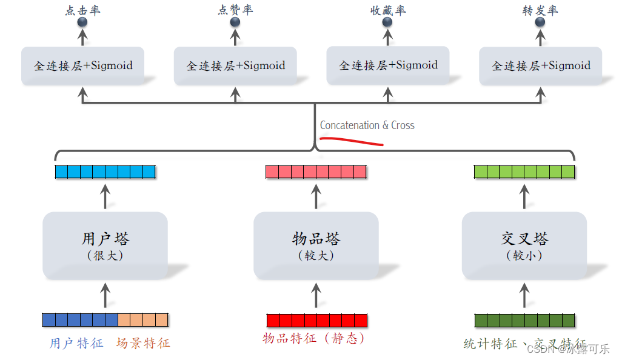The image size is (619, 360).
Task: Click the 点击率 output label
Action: point(82,10)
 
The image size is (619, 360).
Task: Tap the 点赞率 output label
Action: point(235,10)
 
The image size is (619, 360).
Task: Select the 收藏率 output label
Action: point(388,10)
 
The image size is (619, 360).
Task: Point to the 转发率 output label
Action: point(540,10)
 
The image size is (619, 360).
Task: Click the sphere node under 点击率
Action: point(82,22)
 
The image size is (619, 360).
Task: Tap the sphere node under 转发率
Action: point(540,22)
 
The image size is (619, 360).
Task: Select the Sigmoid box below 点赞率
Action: point(235,65)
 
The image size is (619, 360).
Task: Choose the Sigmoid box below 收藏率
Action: point(388,65)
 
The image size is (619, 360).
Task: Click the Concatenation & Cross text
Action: point(367,125)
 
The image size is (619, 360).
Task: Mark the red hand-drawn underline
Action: point(352,142)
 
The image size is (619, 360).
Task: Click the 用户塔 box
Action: point(105,245)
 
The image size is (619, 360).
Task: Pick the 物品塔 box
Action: point(316,245)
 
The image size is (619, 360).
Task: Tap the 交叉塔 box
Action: point(524,245)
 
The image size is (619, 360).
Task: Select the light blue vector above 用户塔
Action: point(105,172)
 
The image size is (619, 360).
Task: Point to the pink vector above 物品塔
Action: point(316,172)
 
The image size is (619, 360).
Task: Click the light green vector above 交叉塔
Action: point(524,172)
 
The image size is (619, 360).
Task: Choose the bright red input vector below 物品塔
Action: point(317,320)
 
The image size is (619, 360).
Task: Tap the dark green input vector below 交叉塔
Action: point(524,320)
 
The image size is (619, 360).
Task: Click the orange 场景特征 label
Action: point(143,343)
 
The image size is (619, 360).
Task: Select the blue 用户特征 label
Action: point(76,343)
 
